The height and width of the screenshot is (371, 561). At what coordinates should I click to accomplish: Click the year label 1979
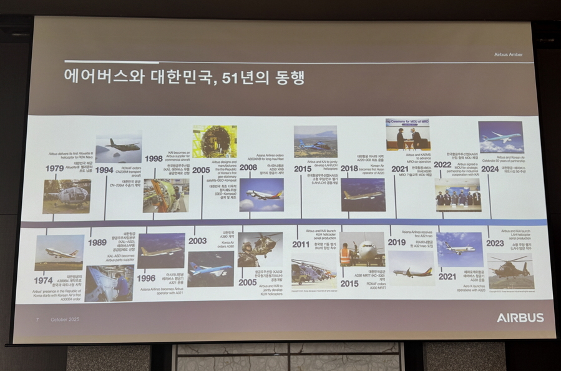pyautogui.click(x=54, y=169)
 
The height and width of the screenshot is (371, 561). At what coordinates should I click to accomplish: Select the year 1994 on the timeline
pyautogui.click(x=104, y=169)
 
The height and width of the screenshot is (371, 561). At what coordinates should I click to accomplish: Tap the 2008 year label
pyautogui.click(x=248, y=167)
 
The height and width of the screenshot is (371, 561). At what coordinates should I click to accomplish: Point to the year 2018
pyautogui.click(x=349, y=168)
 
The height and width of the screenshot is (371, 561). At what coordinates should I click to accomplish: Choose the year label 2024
pyautogui.click(x=490, y=169)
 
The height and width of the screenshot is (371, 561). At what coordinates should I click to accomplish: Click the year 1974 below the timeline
pyautogui.click(x=44, y=280)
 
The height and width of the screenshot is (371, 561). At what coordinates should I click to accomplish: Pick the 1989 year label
pyautogui.click(x=97, y=242)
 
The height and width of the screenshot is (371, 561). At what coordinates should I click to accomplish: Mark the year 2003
pyautogui.click(x=197, y=240)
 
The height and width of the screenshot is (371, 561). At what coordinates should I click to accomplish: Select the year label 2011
pyautogui.click(x=301, y=244)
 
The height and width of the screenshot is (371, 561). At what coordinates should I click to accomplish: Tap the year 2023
pyautogui.click(x=495, y=243)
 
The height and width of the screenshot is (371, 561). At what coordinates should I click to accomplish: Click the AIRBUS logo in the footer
pyautogui.click(x=520, y=318)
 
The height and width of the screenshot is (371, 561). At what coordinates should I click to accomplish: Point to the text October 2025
pyautogui.click(x=64, y=320)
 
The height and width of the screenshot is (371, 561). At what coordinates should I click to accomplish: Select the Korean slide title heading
pyautogui.click(x=185, y=77)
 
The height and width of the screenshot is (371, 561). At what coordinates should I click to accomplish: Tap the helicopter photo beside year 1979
pyautogui.click(x=67, y=196)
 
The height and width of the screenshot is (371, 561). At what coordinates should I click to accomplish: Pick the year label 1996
pyautogui.click(x=147, y=279)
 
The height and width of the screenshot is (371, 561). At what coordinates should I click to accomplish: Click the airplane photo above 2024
pyautogui.click(x=500, y=137)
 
